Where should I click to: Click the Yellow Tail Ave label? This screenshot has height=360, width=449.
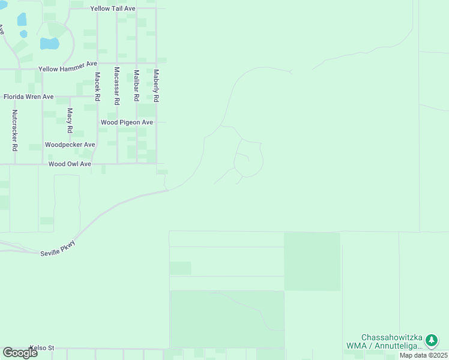point(113,9)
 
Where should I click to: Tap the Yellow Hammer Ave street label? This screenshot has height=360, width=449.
point(68,70)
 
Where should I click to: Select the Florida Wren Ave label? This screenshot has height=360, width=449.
point(29,97)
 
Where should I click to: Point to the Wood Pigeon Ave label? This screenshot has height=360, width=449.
point(127,122)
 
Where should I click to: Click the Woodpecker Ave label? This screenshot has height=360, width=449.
point(70,145)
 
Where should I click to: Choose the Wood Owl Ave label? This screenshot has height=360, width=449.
point(70,164)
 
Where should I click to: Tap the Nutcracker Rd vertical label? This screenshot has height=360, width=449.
point(15,130)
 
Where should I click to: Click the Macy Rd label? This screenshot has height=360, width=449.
point(70,121)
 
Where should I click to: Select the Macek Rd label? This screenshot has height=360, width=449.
point(97,87)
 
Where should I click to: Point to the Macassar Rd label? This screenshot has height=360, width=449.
point(117,86)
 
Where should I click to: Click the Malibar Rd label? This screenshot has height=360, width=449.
point(137,85)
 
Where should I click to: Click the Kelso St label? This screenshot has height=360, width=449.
point(42,348)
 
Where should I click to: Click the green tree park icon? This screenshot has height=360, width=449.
point(431,341)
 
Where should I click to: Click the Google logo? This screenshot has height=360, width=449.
point(20,353)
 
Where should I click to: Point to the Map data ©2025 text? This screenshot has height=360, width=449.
point(423,355)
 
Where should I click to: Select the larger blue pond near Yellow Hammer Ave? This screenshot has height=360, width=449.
point(49,43)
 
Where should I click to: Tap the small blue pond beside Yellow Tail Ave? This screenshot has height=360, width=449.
point(22,19)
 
